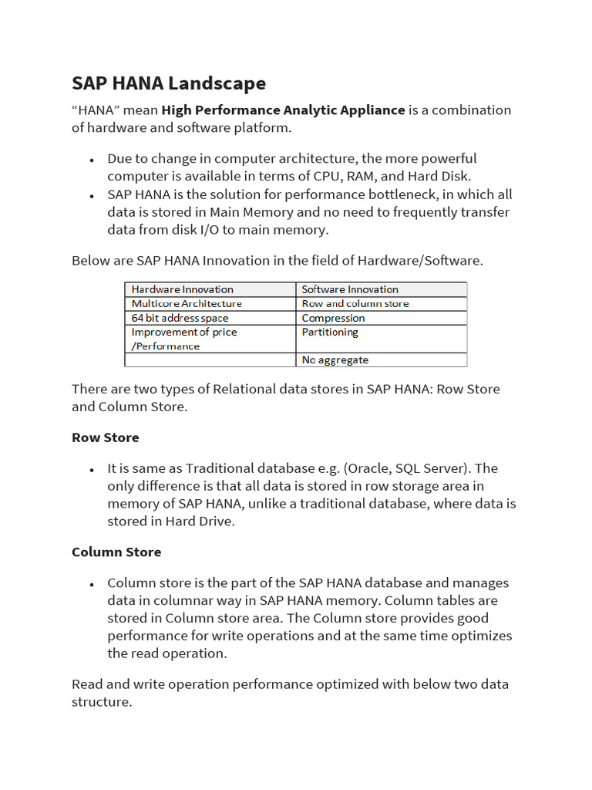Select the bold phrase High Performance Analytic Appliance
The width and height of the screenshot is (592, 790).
tap(283, 110)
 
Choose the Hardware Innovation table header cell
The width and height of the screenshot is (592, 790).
tap(183, 289)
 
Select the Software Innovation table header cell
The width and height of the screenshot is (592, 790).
tap(350, 289)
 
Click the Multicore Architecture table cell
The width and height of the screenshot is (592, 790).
tap(187, 303)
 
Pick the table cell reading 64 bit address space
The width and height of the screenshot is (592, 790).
tap(180, 318)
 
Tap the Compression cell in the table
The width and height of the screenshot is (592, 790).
tap(334, 318)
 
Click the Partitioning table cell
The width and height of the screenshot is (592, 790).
tap(330, 332)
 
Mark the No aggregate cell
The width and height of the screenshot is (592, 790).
tap(335, 360)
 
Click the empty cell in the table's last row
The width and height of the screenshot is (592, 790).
tap(210, 360)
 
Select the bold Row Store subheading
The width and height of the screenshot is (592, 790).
tap(106, 437)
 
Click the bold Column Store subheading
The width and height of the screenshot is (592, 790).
tap(116, 552)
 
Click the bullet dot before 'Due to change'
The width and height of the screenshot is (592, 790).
tap(92, 160)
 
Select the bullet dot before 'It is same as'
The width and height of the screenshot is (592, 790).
tap(92, 470)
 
